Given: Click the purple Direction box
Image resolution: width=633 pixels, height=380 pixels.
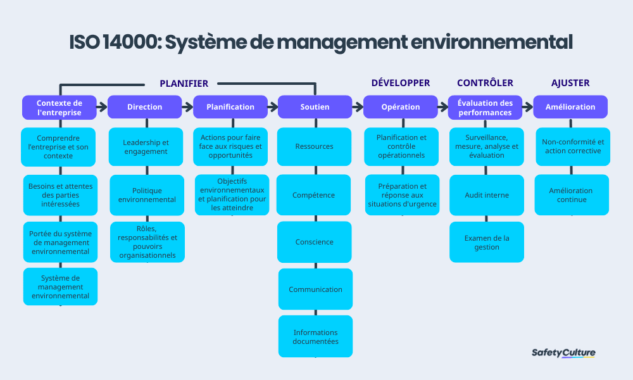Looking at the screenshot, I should click(x=144, y=107).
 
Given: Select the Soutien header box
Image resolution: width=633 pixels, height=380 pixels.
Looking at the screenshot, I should click(x=315, y=107).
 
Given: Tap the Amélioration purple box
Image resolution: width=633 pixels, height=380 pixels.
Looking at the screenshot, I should click(x=570, y=107).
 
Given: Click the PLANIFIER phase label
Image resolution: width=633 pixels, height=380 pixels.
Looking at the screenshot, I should click(x=184, y=84).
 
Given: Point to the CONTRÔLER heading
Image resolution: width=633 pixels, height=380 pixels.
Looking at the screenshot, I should click(x=485, y=83).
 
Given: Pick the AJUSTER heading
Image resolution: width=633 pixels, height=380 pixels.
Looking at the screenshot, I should click(x=570, y=83).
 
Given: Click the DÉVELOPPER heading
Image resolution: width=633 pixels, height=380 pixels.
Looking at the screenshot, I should click(x=400, y=83).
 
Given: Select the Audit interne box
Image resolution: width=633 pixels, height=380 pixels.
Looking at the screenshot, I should click(x=486, y=195).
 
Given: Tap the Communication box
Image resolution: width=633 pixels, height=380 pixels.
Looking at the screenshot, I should click(x=315, y=289).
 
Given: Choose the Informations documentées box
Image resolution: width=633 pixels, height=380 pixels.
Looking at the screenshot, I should click(x=315, y=336).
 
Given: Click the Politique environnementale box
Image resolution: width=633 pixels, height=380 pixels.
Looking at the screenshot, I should click(x=147, y=195).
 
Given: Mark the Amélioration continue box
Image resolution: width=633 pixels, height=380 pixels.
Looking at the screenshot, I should click(x=571, y=195).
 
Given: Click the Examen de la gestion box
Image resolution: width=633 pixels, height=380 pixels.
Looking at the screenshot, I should click(x=486, y=242).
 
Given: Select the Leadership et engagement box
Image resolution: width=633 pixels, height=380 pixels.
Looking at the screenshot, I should click(x=146, y=147).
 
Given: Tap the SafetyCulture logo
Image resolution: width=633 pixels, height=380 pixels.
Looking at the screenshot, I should click(x=563, y=353).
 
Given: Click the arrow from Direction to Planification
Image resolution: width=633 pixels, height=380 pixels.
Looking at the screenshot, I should click(x=187, y=107).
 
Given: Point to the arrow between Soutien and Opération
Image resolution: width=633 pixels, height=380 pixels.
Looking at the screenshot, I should click(x=357, y=107).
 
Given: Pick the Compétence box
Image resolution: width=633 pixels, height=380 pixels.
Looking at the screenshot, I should click(x=313, y=195).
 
